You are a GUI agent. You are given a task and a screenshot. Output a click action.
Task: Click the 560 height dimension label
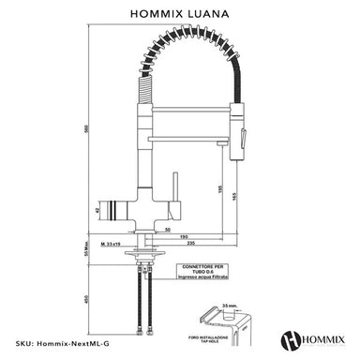pos(87,129)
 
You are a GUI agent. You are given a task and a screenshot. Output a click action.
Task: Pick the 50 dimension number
pos(165,229)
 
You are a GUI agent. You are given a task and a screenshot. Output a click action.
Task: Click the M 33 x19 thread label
pos(118,243)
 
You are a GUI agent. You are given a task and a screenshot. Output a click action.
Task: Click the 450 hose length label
pos(87,300)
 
